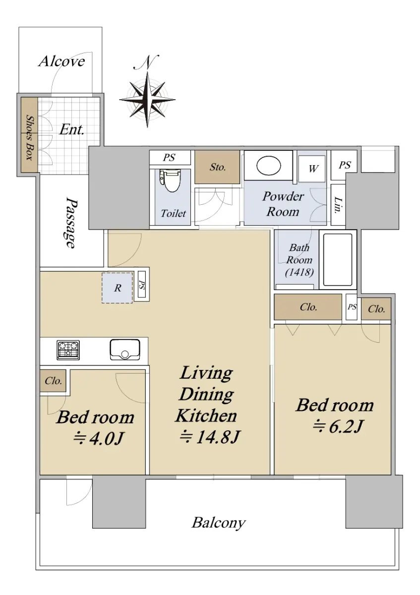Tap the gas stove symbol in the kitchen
[x=68, y=350]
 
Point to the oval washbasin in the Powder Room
[x=268, y=166]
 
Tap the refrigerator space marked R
[x=117, y=288]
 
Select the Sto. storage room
[x=217, y=167]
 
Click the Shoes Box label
[x=30, y=137]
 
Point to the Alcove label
[x=61, y=61]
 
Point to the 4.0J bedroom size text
[x=98, y=438]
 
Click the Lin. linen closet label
[x=338, y=205]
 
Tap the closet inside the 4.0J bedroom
[x=53, y=381]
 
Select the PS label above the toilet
[x=169, y=158]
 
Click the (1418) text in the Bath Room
[x=300, y=272]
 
